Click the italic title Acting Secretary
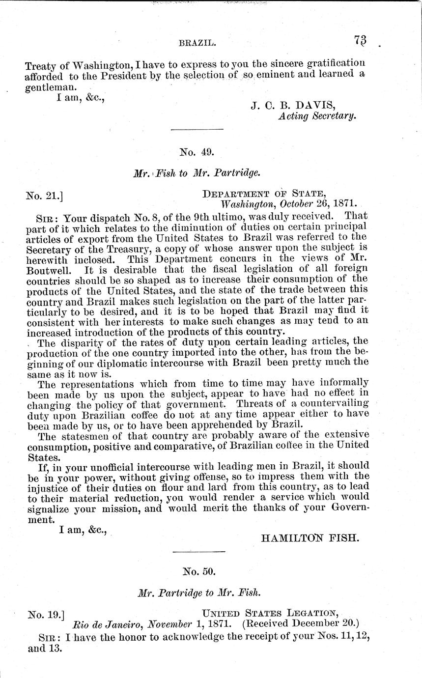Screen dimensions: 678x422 click(x=316, y=116)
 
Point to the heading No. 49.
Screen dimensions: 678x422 click(x=197, y=152)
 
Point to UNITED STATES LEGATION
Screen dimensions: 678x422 click(x=270, y=613)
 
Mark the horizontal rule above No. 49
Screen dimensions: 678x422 click(x=197, y=130)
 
